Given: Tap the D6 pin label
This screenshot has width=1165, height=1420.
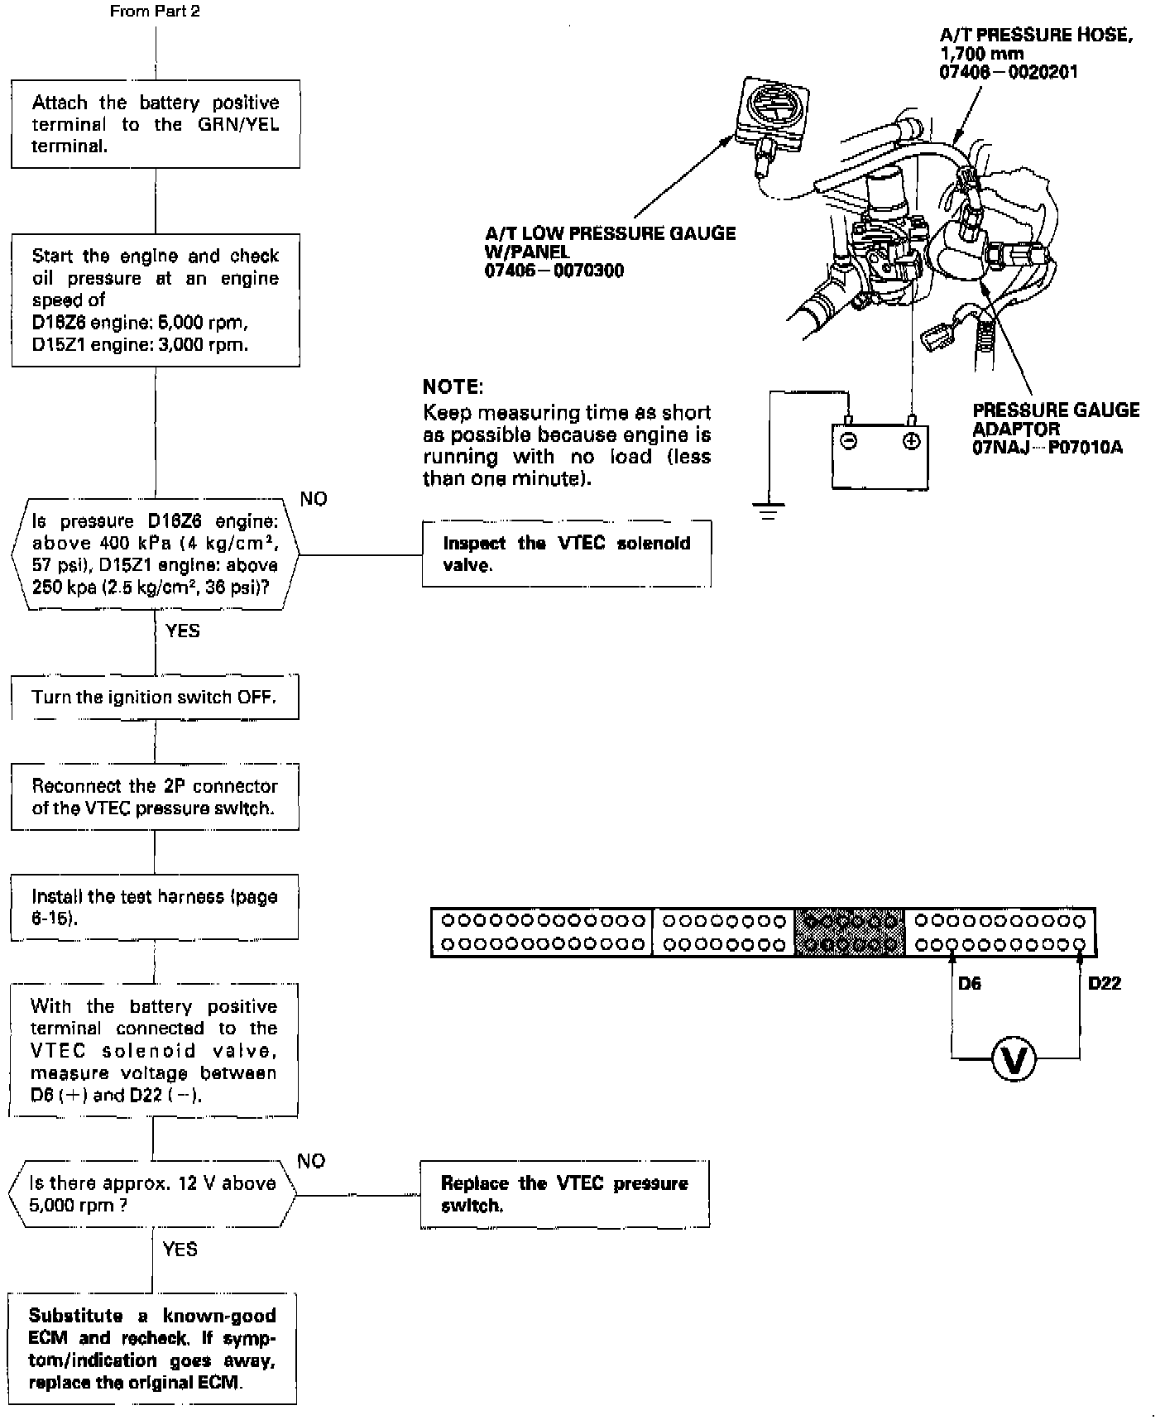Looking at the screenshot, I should point(969,984).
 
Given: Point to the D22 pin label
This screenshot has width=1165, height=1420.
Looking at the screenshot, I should point(1105,984).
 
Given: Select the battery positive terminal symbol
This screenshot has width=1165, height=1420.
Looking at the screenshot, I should point(911,442).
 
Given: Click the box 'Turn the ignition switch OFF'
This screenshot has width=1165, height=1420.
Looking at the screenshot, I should point(155,698).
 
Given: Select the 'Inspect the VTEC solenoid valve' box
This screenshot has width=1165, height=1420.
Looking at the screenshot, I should point(566,554).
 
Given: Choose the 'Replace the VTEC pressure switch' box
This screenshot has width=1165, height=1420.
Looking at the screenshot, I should point(565,1194).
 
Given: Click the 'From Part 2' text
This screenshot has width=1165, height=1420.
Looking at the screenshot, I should point(155,12).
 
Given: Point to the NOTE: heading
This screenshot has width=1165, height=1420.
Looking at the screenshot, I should point(453,386).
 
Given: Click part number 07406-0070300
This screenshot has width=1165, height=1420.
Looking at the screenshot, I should point(554,271).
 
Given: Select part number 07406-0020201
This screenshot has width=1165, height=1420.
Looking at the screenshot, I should point(1009,72).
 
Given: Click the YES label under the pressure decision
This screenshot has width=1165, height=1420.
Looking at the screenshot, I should point(182,631).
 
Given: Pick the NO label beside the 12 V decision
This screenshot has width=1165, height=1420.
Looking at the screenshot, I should point(311,1161).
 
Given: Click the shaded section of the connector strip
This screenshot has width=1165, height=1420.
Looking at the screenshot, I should point(850,932).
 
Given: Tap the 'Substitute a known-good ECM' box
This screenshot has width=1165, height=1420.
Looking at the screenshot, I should point(153,1349).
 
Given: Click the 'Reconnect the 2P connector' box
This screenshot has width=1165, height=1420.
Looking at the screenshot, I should point(155,796).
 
